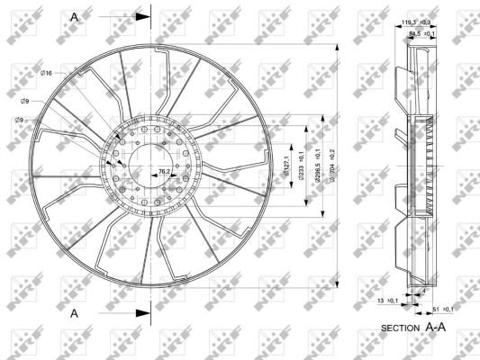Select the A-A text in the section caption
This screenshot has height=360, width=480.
(x=436, y=328)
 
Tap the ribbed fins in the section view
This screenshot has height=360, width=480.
(x=435, y=162)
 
